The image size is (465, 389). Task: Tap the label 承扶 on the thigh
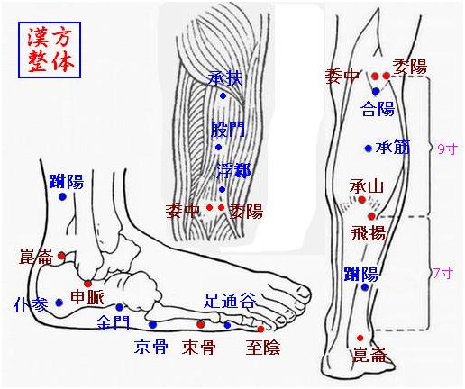point(226,78)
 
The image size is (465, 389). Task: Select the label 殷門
point(228,130)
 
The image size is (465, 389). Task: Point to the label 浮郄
point(234,171)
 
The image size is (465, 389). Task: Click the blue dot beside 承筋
point(369,148)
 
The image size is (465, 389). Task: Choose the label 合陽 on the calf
point(378,108)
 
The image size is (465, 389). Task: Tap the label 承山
point(367,186)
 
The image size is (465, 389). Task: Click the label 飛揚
point(369,233)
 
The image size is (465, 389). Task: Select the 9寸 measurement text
point(448,149)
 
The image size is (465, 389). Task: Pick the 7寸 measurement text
point(443,274)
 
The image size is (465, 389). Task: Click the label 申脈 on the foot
point(87,297)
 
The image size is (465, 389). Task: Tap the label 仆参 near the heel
point(31,305)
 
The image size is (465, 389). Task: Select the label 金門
point(113,322)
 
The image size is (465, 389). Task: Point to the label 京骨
point(150,347)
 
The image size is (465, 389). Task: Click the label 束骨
point(198,347)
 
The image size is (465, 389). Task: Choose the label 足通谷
point(230,301)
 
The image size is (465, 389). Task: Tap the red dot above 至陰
point(260,329)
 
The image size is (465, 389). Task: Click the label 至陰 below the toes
point(263,348)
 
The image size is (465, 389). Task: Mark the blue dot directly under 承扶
point(223,95)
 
